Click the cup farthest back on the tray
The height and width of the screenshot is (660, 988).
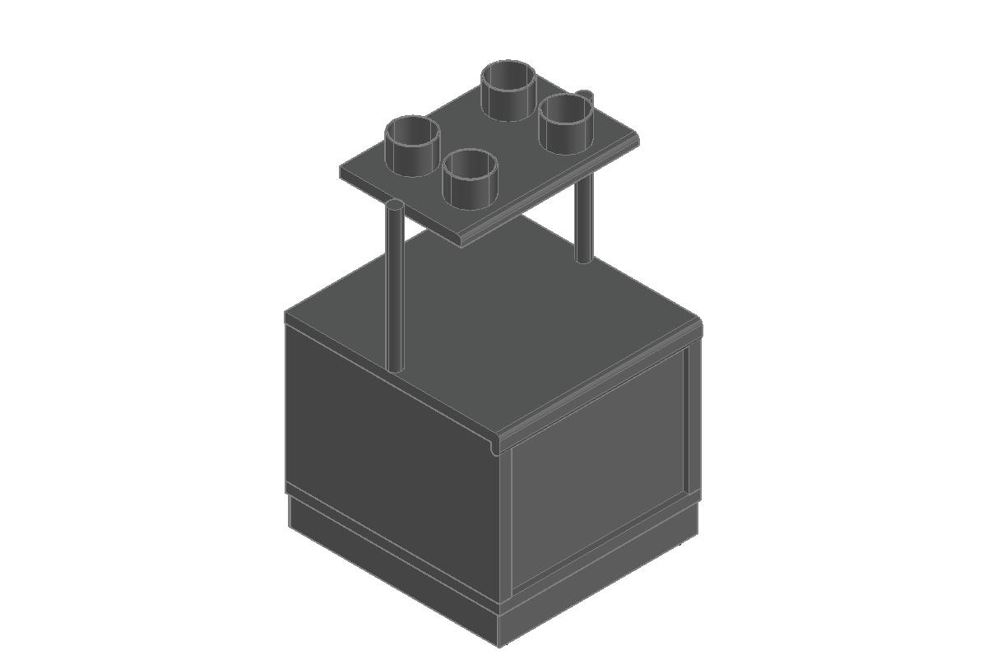[x=509, y=90]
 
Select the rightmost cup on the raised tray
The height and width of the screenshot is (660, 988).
[x=566, y=123]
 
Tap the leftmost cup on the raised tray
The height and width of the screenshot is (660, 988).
[x=411, y=146]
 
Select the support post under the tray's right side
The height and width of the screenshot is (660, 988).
[x=583, y=218]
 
